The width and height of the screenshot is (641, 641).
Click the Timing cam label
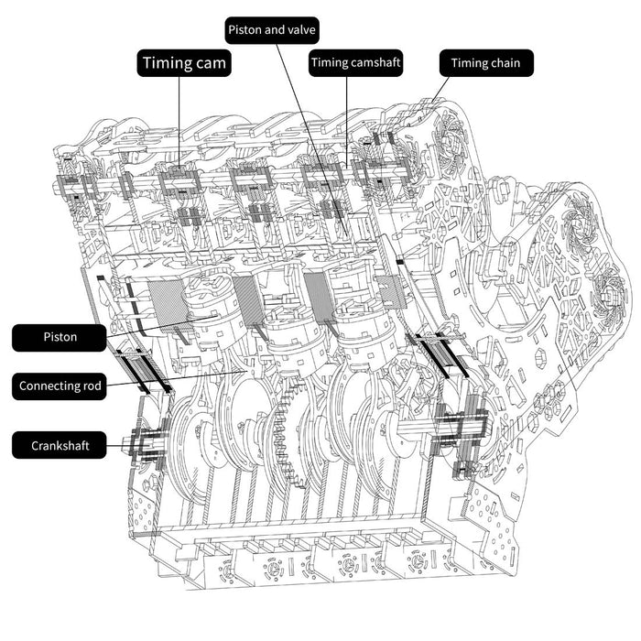(184, 63)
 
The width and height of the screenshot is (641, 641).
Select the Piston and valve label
(272, 30)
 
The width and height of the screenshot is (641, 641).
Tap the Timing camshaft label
(355, 63)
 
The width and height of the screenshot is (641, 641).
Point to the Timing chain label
(486, 63)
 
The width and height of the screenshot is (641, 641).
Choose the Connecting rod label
(60, 386)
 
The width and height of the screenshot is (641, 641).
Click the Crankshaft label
(60, 445)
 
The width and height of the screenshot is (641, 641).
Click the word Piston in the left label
(60, 337)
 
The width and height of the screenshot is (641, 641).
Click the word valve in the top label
(300, 29)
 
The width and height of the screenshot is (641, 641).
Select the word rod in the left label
(92, 386)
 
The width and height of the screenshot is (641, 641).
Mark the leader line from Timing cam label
(179, 122)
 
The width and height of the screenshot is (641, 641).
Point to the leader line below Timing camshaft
(347, 122)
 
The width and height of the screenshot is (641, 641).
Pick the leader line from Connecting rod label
(176, 377)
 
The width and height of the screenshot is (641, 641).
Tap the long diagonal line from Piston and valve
(312, 140)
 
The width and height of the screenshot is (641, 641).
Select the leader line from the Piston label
(161, 326)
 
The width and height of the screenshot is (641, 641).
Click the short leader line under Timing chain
(440, 89)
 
